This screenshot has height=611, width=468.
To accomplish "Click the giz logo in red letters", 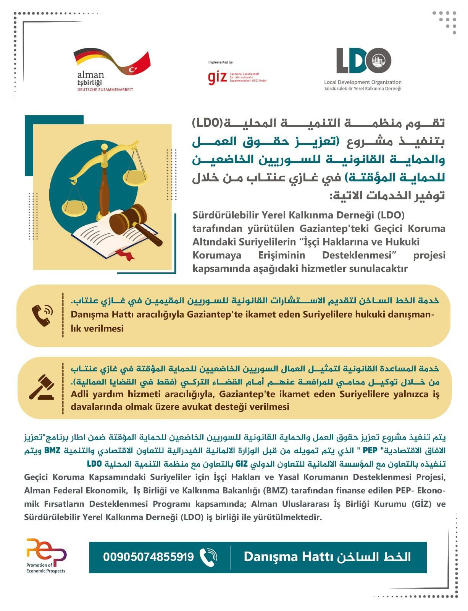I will (x=217, y=77).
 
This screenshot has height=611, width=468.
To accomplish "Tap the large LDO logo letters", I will (x=363, y=61).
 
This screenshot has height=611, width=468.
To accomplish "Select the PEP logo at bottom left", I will (x=46, y=552).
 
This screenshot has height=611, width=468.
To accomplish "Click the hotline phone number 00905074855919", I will (x=148, y=557).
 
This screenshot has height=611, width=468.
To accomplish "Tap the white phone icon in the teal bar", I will (x=208, y=557).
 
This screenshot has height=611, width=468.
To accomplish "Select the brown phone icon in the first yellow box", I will (x=42, y=315).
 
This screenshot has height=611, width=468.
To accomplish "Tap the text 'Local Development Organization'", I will (x=363, y=82).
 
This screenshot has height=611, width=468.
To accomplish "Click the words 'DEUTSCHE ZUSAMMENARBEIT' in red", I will (x=105, y=90).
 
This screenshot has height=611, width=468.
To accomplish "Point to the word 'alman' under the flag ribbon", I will (x=90, y=74).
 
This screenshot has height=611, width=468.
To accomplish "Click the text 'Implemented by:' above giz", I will (x=221, y=62).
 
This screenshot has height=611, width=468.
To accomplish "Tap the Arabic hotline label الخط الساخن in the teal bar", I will (x=374, y=557).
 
